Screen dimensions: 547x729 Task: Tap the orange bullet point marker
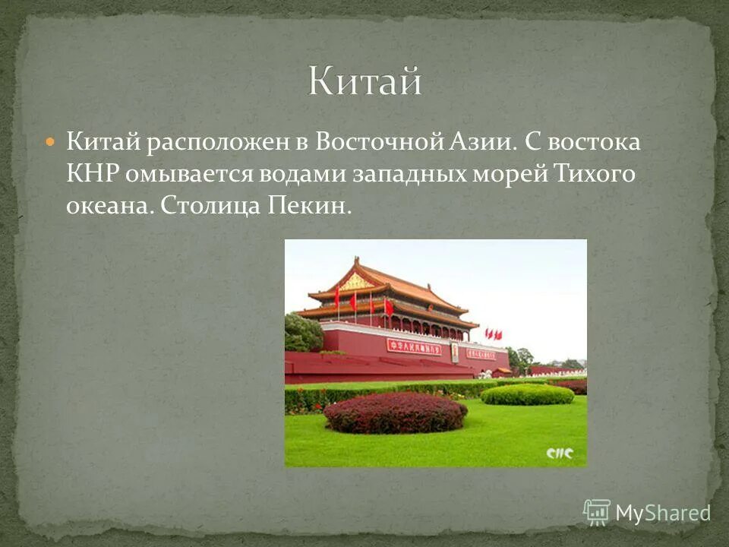coord(50,141)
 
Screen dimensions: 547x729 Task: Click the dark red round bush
coord(395,413)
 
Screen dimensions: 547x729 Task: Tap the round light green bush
coord(527,394)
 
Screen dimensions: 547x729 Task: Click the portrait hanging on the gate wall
coord(455,352)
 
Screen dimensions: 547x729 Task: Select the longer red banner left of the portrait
coord(414,346)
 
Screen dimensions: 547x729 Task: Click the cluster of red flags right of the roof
coord(494,334)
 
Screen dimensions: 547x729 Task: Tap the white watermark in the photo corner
coord(560,454)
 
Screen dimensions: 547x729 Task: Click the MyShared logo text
coord(661,513)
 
